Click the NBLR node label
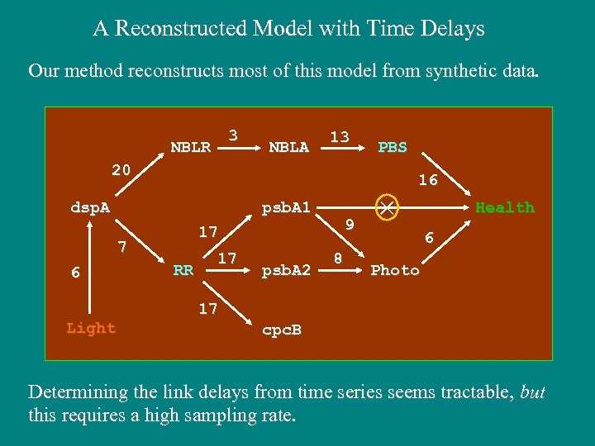190,147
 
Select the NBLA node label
288,147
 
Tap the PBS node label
392,147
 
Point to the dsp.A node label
89,207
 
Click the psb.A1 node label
285,207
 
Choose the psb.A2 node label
285,270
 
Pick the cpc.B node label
281,330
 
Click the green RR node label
183,270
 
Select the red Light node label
91,328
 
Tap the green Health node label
504,207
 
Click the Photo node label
395,270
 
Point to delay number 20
121,169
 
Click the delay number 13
339,135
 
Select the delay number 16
427,179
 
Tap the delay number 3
233,135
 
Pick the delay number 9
350,224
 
